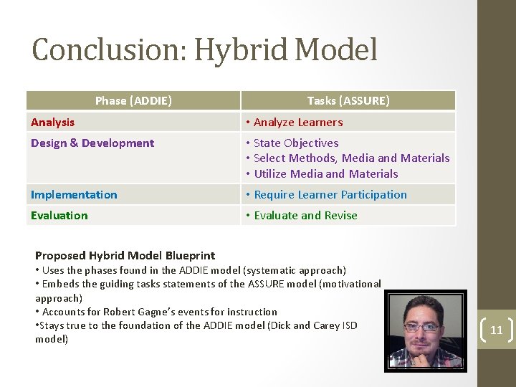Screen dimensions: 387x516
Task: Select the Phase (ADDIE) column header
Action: (x=133, y=101)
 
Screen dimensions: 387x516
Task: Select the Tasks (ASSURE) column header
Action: (x=348, y=101)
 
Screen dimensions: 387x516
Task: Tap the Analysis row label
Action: (x=52, y=123)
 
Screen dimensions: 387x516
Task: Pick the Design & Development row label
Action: (x=92, y=143)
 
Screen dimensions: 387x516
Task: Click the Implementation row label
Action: (x=74, y=195)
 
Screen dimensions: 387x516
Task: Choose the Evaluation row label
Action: (x=59, y=216)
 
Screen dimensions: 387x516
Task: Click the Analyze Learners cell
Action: (x=298, y=123)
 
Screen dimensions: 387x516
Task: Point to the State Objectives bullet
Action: (x=296, y=143)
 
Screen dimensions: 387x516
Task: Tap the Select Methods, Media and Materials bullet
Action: (x=351, y=158)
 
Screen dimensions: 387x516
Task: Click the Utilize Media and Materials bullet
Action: (x=325, y=174)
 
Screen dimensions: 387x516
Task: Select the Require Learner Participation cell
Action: (x=330, y=195)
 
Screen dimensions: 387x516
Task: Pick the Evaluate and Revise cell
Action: (x=305, y=216)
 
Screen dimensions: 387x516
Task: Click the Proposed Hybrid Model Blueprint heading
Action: (x=125, y=256)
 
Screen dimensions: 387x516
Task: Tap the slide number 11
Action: (x=496, y=331)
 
